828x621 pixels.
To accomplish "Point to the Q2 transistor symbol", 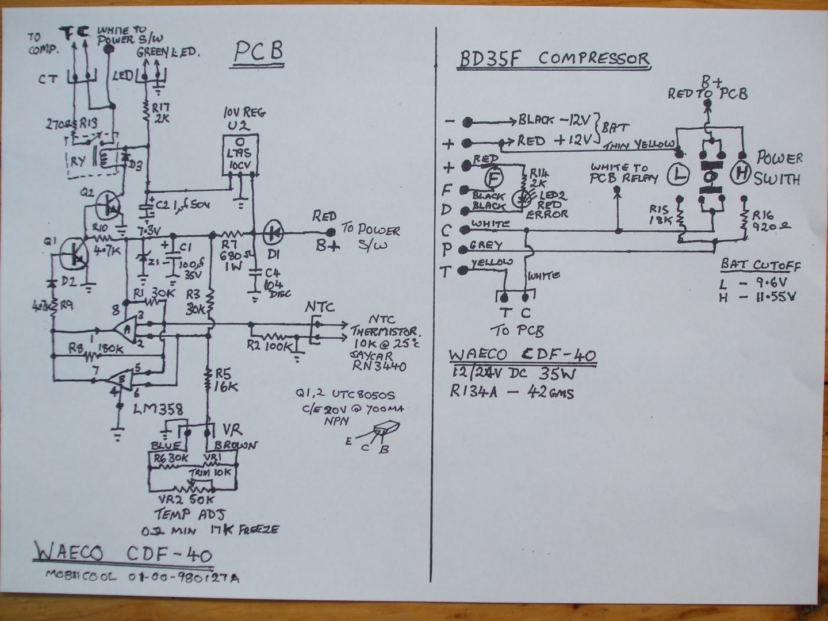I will [108, 204].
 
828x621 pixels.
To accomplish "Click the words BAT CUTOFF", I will [760, 266].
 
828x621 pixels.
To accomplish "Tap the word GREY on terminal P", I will [486, 246].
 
